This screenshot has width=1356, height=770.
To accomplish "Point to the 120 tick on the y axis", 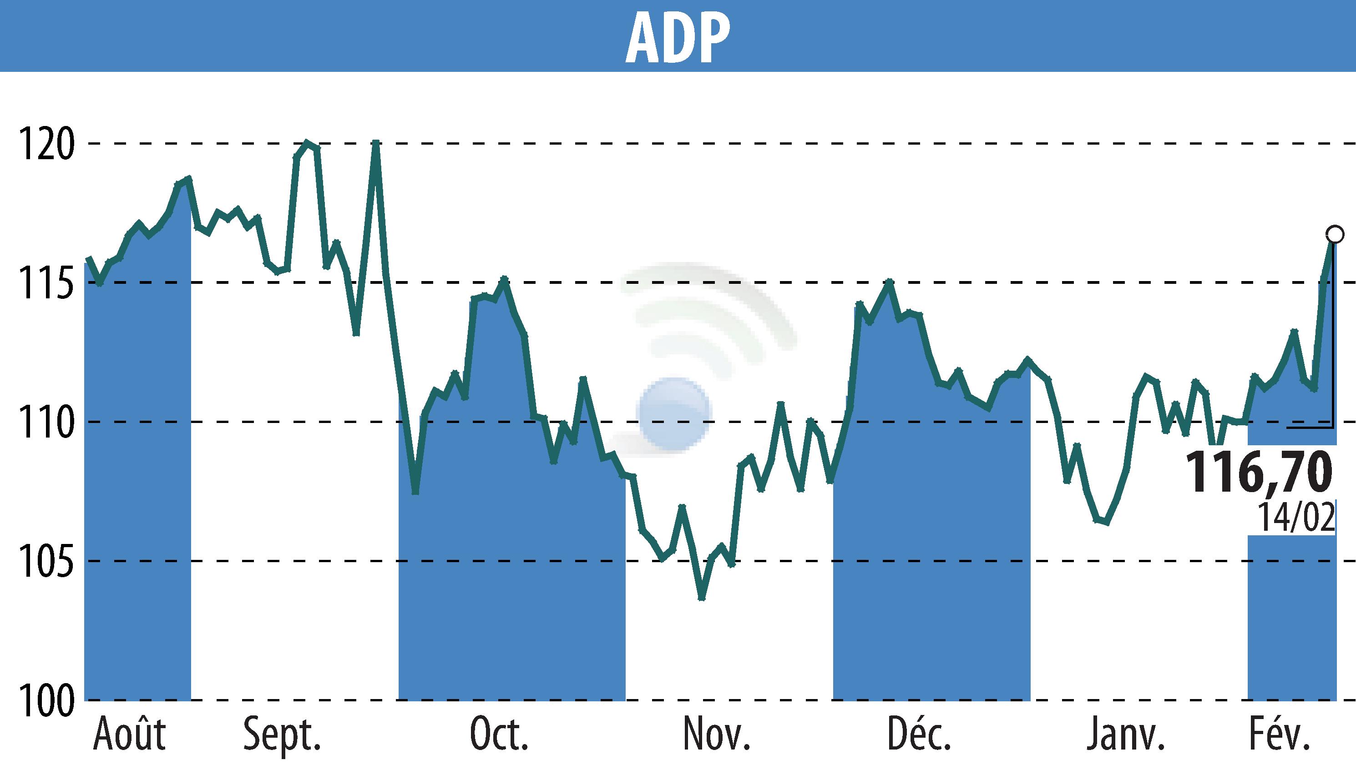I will pos(46,144).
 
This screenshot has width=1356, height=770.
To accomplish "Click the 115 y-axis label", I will pos(46,283).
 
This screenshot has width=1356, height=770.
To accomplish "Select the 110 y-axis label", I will pos(46,422).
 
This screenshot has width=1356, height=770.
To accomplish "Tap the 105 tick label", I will pos(46,561).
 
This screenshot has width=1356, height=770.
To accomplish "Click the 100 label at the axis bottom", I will pos(46,700).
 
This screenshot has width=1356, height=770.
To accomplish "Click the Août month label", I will pos(130,735).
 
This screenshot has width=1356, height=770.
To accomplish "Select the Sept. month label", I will pos(282,735).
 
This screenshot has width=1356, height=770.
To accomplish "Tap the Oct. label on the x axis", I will pos(499,735).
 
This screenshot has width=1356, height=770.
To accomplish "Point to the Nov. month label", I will pos(716,735).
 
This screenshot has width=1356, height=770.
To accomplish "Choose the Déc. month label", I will pos(920,735).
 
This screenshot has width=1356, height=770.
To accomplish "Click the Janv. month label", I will pos(1126,735).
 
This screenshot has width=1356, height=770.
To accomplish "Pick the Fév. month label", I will pos(1278,735).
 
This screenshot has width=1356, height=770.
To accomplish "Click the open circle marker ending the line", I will pos(1335,234).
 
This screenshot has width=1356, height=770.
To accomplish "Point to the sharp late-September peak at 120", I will pos(375,143).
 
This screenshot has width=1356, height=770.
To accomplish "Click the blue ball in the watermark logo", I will pos(674,414).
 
